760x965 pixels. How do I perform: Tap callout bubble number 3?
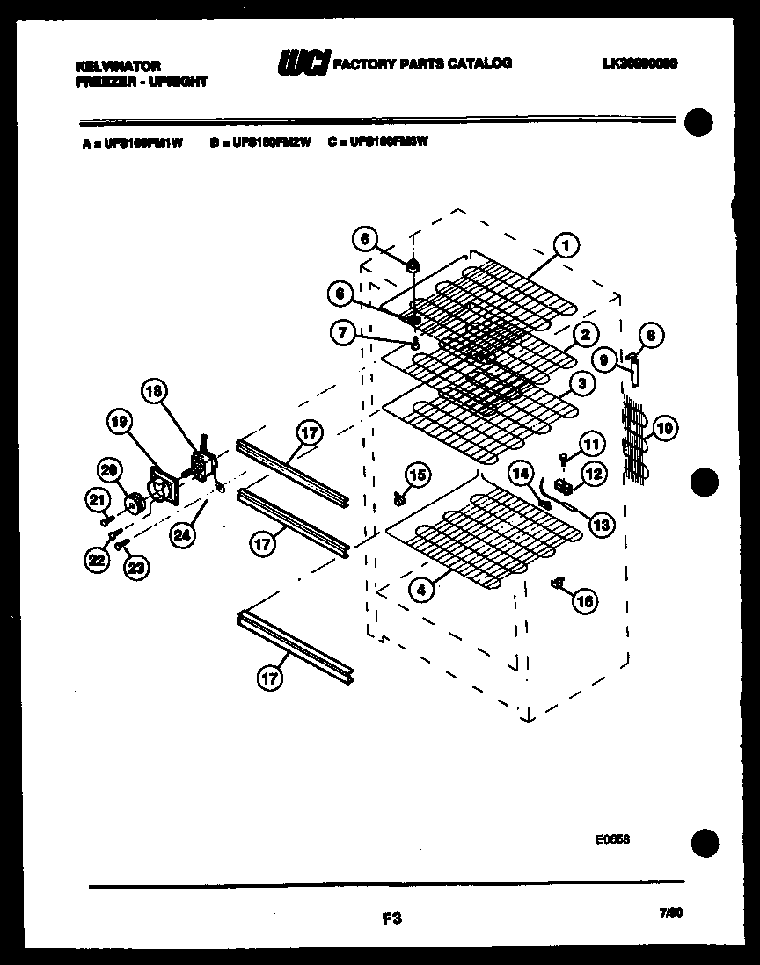click(x=582, y=383)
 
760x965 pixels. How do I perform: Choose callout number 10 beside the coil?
click(x=665, y=429)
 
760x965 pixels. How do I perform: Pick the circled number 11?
click(x=591, y=445)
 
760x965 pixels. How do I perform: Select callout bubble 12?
click(x=594, y=475)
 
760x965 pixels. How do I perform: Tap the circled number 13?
click(x=600, y=526)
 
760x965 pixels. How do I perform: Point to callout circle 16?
click(x=584, y=600)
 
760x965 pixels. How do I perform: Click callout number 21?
click(x=97, y=500)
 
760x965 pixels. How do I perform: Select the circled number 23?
click(x=135, y=569)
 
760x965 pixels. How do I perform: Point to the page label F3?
click(x=392, y=919)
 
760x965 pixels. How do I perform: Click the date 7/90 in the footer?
click(x=671, y=913)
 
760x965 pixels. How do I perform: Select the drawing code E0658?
click(x=612, y=838)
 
